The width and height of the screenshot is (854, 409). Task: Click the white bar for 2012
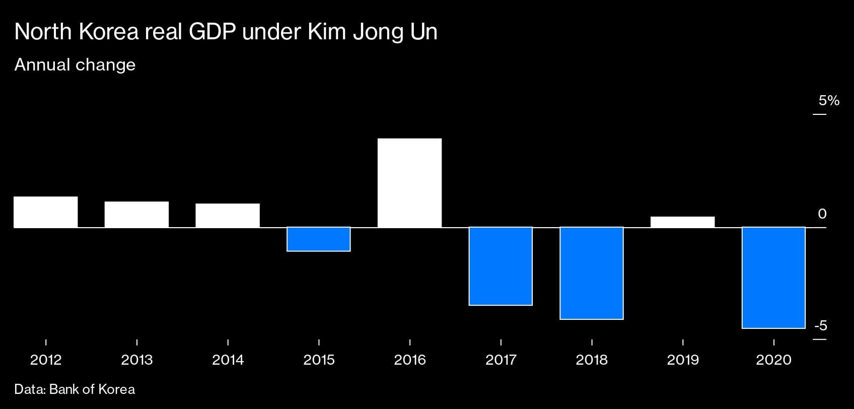tap(46, 212)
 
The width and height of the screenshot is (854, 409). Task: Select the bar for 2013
tap(136, 215)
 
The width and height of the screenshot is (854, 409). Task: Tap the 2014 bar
tap(228, 216)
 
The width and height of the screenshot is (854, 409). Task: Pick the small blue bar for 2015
tap(319, 239)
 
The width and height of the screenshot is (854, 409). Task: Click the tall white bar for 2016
tap(409, 183)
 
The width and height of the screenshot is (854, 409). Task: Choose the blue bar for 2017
tap(501, 266)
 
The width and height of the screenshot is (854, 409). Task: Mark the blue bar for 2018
tap(592, 273)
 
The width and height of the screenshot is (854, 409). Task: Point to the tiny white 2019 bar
tap(682, 222)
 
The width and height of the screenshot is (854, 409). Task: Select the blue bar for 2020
tap(773, 278)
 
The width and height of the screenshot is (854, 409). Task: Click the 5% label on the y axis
tap(829, 101)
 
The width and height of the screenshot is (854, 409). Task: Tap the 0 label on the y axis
tap(822, 214)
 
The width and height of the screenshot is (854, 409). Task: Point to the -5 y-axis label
tap(821, 326)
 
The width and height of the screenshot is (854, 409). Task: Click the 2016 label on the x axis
tap(409, 360)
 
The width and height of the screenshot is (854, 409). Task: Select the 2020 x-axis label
tap(773, 360)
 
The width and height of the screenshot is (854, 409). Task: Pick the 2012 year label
tap(46, 360)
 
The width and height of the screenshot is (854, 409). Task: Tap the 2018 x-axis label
tap(592, 360)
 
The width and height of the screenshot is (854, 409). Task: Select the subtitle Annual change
tap(75, 65)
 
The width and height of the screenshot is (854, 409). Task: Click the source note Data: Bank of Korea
tap(75, 389)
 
